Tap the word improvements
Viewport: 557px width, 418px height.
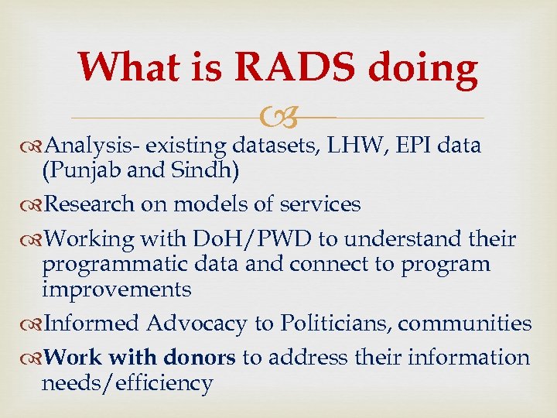(116, 290)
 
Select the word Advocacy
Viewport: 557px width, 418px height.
(197, 324)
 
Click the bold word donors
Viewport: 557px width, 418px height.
(199, 357)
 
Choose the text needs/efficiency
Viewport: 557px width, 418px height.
(127, 383)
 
